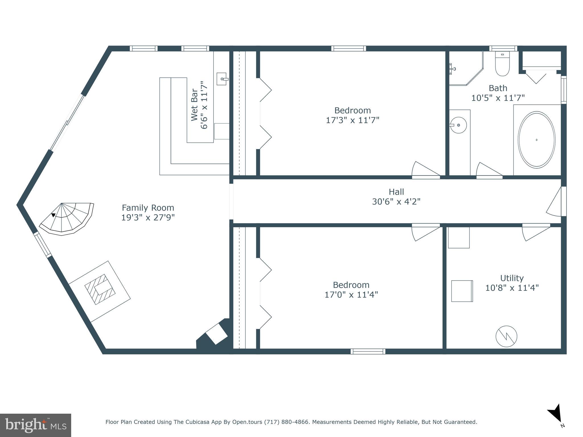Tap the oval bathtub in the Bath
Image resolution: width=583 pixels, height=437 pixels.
tap(536, 140)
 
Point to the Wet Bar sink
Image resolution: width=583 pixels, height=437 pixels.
tap(222, 79)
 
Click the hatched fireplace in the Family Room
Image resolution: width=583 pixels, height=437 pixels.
tap(100, 289)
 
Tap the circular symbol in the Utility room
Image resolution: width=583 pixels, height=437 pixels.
tap(506, 336)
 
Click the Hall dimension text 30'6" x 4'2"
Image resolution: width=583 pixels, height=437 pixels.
tap(396, 202)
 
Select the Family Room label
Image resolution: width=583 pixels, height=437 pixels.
tap(148, 208)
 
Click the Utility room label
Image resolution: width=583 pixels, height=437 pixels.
tap(512, 278)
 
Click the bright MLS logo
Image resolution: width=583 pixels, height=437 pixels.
tap(35, 425)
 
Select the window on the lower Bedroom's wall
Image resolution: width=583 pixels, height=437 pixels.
tap(368, 351)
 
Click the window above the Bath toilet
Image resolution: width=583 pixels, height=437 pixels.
tap(503, 48)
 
